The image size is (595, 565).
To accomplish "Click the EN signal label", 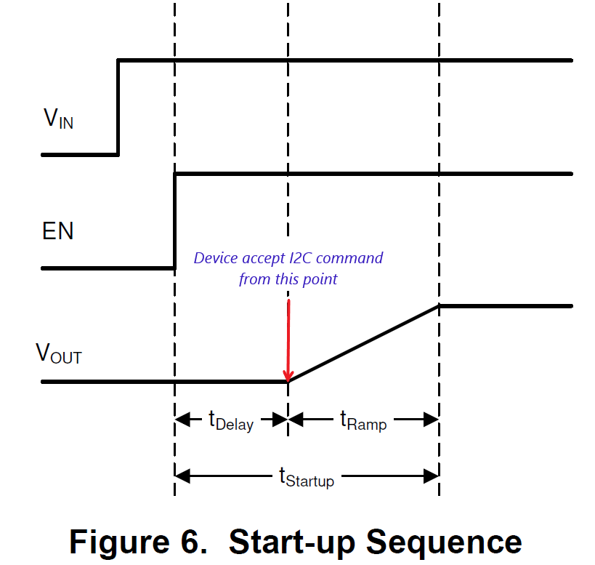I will [57, 232].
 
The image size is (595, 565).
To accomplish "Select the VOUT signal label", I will [59, 353].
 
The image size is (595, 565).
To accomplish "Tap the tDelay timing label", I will [231, 420].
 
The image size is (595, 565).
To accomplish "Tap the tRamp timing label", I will [363, 420].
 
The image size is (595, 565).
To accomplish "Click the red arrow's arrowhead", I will [288, 374].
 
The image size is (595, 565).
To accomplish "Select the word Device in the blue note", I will [214, 258].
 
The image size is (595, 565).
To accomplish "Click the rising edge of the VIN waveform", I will [118, 108].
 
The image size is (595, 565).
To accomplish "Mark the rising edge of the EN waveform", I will [174, 221].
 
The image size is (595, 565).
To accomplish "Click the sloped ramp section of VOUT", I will [363, 343].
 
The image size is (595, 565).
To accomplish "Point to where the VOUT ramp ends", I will [439, 306].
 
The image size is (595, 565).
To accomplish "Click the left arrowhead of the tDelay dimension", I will [182, 420].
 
